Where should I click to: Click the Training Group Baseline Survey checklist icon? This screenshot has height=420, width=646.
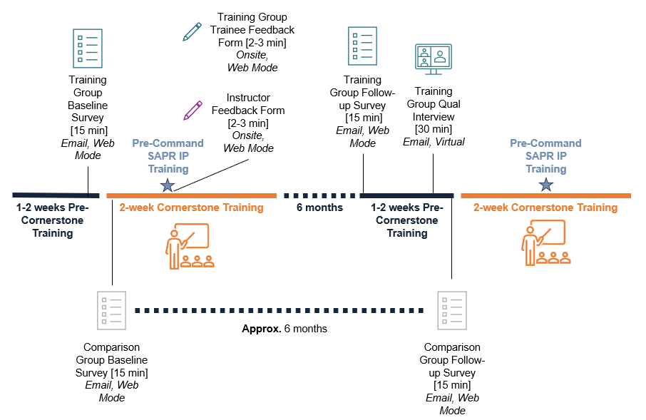(88, 48)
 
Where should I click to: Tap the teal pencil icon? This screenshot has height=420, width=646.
(192, 31)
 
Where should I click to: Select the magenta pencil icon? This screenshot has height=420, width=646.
(193, 110)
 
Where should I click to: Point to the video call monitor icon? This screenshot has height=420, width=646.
(434, 59)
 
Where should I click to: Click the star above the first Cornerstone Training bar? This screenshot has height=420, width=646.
(168, 185)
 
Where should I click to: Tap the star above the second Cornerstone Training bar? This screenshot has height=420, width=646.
(546, 185)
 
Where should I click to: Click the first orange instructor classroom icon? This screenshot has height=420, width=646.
(188, 246)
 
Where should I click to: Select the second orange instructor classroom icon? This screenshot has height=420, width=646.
(545, 242)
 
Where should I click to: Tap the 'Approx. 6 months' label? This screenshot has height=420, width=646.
(284, 329)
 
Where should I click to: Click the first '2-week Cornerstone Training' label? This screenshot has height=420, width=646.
(191, 208)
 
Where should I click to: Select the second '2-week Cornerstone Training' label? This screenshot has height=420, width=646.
(545, 208)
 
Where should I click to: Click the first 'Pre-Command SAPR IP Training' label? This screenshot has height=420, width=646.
(168, 156)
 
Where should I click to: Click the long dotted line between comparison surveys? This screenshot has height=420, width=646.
(279, 310)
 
